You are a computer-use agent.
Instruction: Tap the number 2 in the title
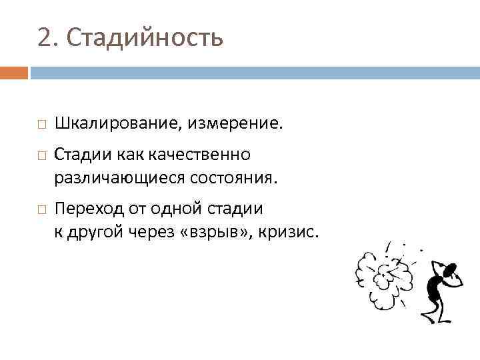pyautogui.click(x=45, y=39)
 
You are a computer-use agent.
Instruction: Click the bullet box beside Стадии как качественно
pyautogui.click(x=41, y=155)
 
